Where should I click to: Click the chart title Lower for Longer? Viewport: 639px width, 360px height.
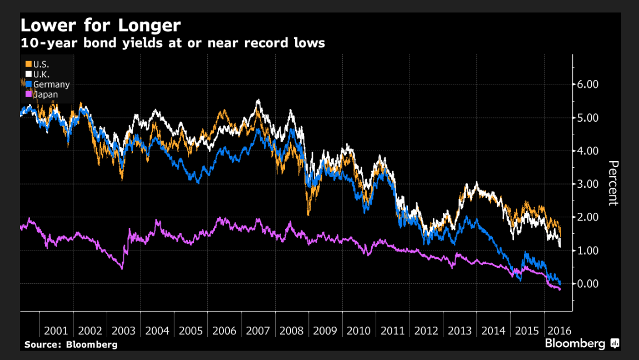100,26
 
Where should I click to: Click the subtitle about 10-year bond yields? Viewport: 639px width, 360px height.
172,42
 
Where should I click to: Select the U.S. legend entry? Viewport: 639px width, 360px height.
41,64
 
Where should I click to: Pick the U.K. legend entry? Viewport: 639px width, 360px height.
41,74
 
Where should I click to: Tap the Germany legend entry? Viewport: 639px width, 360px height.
51,84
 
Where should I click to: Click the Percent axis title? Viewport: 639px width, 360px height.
613,183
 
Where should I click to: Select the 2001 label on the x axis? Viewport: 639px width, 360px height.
56,331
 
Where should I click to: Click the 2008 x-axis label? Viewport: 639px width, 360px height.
292,331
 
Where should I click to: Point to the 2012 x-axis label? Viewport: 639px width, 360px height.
426,331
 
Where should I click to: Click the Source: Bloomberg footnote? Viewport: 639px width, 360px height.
71,344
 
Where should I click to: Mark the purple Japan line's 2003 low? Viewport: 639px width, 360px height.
122,268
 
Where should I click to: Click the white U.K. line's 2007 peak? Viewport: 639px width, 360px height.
258,101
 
